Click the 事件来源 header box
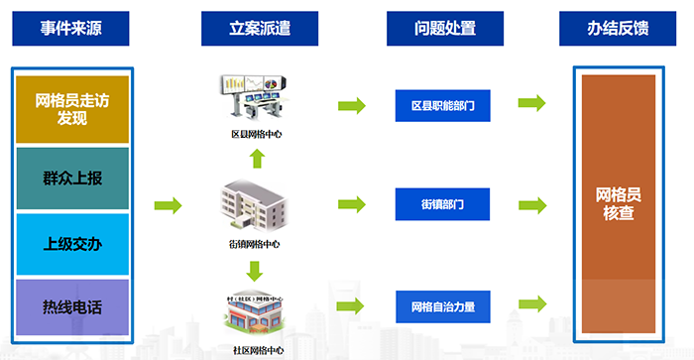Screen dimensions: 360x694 tap(71, 29)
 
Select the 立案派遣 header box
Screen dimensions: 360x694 tap(260, 29)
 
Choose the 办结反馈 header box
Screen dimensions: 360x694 tap(618, 29)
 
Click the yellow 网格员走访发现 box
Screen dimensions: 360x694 tap(73, 108)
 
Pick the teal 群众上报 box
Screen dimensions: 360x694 tap(73, 180)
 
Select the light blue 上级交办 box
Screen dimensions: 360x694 tap(73, 244)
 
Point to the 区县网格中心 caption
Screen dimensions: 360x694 tap(255, 133)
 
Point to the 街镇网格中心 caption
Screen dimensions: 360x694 tap(255, 243)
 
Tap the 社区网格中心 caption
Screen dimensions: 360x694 tap(255, 349)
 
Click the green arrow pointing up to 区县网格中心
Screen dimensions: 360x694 tap(255, 157)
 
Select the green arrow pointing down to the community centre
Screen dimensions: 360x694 tap(255, 269)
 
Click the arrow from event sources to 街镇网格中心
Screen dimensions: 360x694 tap(169, 206)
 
